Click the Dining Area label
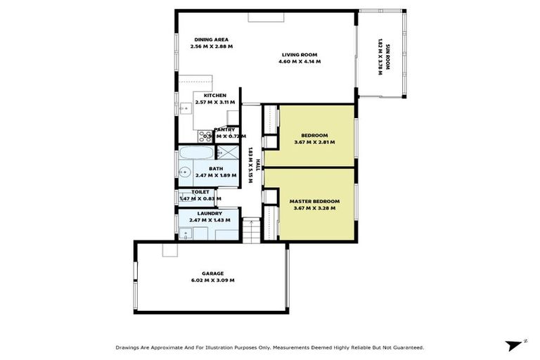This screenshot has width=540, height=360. point(211,39)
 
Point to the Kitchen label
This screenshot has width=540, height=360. point(214,96)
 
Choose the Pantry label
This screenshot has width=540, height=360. point(225,129)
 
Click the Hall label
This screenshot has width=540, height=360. point(258,165)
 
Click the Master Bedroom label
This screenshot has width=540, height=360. point(314,201)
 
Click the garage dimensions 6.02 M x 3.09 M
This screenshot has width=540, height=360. point(212,280)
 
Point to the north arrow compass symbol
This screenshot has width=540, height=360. point(514,345)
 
